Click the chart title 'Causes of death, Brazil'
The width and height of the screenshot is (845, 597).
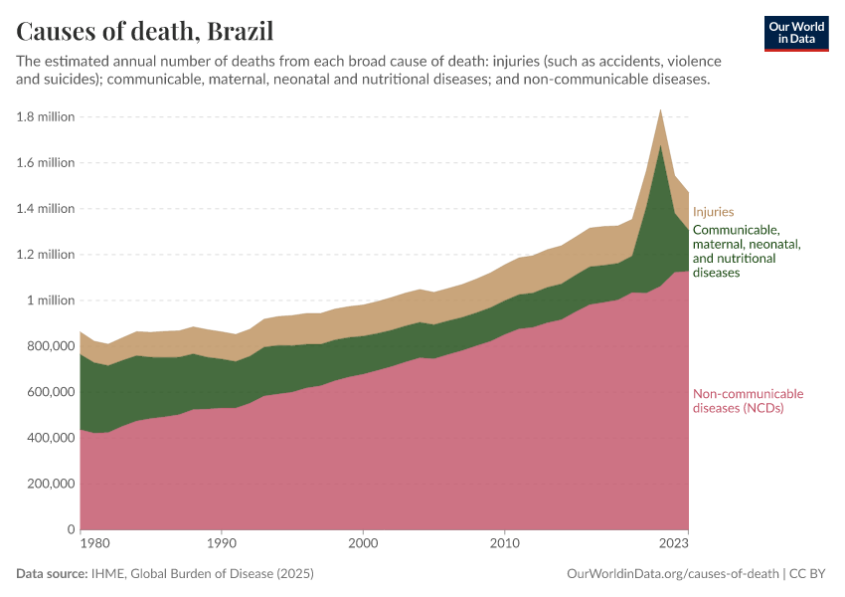tap(145, 30)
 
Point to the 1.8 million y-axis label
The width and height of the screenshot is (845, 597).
tap(46, 116)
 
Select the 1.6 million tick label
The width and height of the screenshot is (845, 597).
tap(46, 162)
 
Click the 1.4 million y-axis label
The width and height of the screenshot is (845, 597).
tap(46, 208)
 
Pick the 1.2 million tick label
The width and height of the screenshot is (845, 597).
tap(46, 254)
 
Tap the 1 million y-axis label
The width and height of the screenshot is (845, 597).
tap(53, 299)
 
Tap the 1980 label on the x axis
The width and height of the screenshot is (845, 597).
tap(95, 544)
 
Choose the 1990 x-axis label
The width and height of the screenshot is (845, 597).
tap(222, 544)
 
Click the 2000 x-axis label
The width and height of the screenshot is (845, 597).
tap(363, 544)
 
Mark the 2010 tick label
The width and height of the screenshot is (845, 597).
tap(505, 544)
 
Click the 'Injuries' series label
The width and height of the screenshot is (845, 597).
tap(713, 211)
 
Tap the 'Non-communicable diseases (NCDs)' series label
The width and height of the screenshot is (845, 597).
tap(748, 400)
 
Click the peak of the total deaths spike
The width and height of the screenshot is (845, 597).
tap(660, 109)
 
